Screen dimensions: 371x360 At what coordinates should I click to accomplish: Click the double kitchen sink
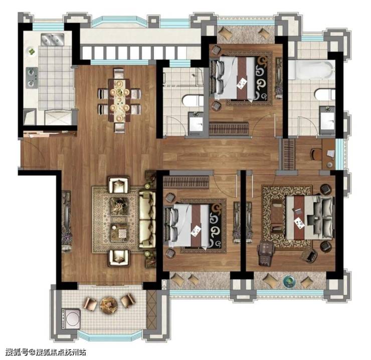coord(53,39)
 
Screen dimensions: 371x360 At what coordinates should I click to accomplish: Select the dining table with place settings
coord(119,101)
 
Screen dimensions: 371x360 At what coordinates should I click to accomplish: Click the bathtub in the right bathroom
coord(311,70)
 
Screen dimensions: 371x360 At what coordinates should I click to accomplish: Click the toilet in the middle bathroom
coord(193,101)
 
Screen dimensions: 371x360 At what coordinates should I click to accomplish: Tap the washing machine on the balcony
coord(71,318)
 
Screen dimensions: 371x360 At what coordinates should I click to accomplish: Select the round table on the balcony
coord(109,305)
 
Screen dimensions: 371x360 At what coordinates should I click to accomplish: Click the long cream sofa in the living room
coord(147,220)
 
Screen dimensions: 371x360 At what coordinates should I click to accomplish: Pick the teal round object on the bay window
coord(289,281)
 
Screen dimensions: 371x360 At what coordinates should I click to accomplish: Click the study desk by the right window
coord(329,154)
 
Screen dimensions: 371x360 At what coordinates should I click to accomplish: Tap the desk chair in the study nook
coord(316,154)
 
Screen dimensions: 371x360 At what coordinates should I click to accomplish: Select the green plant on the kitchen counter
coord(31,51)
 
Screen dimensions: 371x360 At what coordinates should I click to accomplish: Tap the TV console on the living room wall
coord(67,222)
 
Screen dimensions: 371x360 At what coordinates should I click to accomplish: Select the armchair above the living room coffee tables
coord(118,185)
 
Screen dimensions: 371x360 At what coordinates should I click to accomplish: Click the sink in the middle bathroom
coord(196,124)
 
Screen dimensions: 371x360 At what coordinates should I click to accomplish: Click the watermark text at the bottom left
coord(46,352)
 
